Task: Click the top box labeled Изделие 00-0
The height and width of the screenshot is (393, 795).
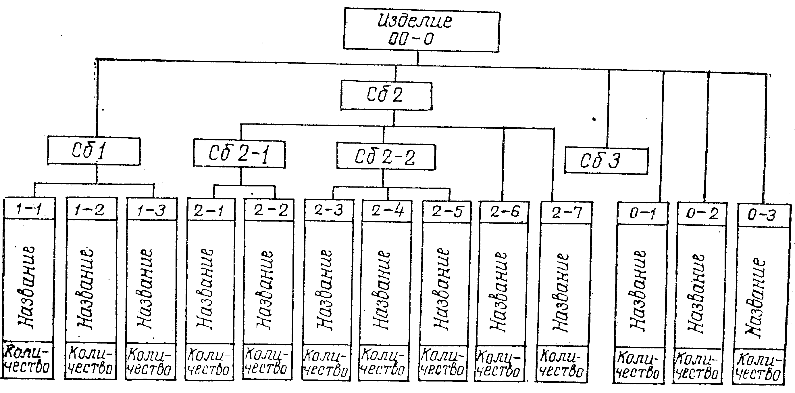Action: [421, 30]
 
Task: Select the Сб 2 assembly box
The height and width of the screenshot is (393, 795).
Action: [386, 95]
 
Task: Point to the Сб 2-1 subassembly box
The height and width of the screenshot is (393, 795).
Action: [239, 154]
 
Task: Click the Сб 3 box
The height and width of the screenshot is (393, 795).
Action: [606, 161]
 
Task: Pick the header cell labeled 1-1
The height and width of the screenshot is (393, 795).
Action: [29, 209]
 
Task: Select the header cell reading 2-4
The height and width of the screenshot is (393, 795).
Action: [387, 212]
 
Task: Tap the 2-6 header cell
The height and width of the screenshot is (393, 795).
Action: [505, 212]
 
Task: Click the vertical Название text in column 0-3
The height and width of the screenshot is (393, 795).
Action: [756, 298]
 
